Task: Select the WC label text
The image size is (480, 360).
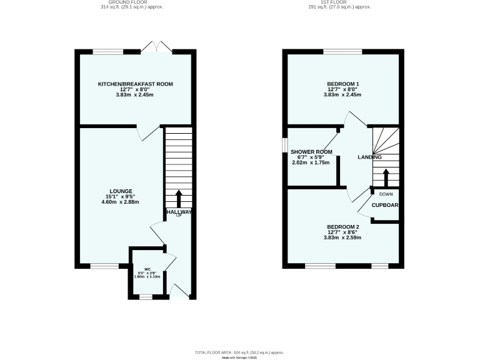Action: pyautogui.click(x=147, y=269)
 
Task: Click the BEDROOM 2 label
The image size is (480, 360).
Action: pyautogui.click(x=343, y=227)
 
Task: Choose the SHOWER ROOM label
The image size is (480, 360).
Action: pyautogui.click(x=311, y=152)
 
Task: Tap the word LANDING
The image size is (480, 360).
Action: pyautogui.click(x=369, y=157)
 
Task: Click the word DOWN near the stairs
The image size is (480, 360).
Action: pyautogui.click(x=386, y=194)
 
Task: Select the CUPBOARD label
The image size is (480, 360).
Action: pyautogui.click(x=386, y=205)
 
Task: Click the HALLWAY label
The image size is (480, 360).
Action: pyautogui.click(x=179, y=212)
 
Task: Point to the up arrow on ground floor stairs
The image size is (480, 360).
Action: pyautogui.click(x=179, y=199)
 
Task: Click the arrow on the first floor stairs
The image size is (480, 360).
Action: pyautogui.click(x=386, y=177)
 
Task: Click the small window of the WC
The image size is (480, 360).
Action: pyautogui.click(x=146, y=297)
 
